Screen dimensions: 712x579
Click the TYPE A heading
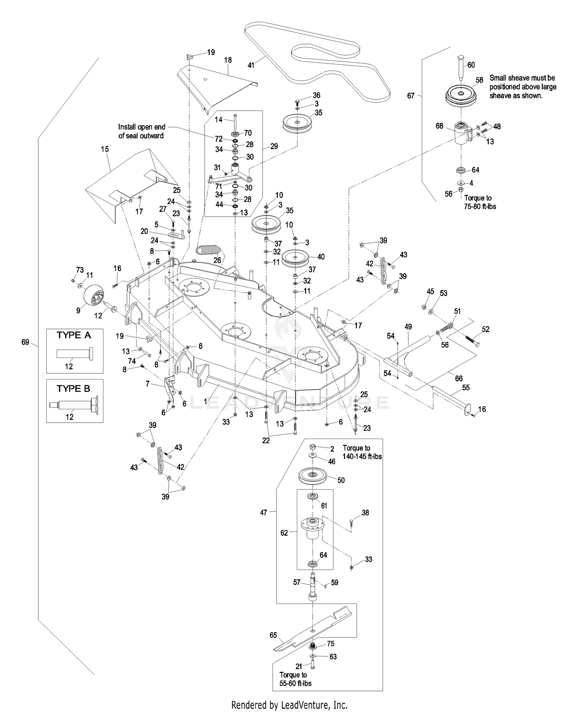[74, 335]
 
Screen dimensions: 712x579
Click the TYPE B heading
[74, 388]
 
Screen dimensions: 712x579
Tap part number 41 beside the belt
[251, 65]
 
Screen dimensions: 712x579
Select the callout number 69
[25, 342]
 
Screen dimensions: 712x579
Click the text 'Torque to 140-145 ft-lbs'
[362, 452]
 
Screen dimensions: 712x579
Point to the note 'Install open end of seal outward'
[141, 131]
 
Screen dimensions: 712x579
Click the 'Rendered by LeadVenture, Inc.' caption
[289, 705]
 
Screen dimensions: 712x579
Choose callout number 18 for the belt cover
[228, 60]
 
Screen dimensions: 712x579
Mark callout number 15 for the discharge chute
[105, 149]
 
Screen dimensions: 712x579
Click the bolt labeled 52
[469, 339]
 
